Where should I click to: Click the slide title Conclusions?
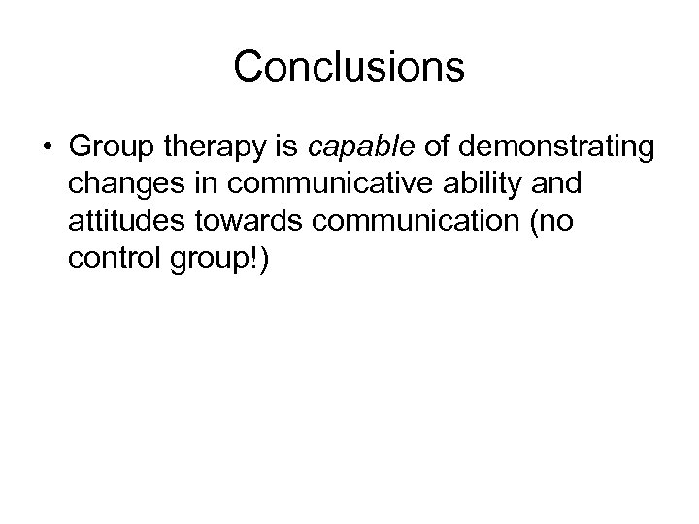tap(349, 68)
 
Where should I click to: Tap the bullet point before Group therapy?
tap(48, 147)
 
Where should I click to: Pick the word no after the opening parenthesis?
tap(556, 222)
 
